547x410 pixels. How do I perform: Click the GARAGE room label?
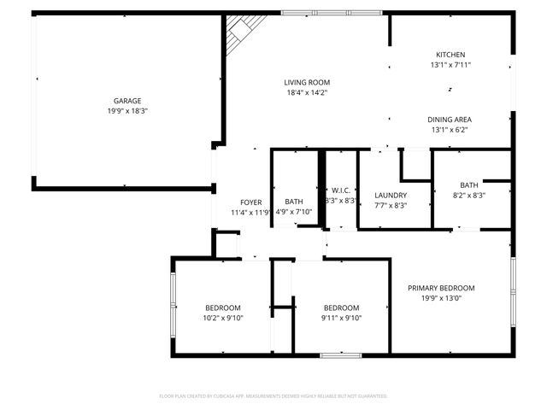(127, 100)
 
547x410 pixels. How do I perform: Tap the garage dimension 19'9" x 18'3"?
(127, 111)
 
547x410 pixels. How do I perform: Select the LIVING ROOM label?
(306, 82)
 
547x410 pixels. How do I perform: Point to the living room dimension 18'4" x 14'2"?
(306, 93)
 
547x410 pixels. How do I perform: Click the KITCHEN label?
(450, 53)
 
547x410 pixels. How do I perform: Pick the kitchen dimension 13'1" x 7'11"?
(450, 64)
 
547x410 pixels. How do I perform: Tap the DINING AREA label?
(450, 119)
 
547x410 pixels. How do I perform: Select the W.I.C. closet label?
(342, 190)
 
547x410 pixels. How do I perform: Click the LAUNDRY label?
(391, 195)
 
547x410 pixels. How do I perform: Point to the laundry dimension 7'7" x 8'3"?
(391, 206)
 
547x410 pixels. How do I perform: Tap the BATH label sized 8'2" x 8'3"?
(469, 184)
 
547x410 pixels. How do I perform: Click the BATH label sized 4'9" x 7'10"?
(294, 202)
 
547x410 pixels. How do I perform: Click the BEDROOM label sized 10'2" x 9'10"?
(222, 307)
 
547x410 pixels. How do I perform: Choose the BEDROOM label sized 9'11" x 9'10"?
(341, 307)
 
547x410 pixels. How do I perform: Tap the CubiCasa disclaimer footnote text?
(273, 396)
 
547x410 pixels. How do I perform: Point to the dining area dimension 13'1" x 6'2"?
(450, 130)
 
